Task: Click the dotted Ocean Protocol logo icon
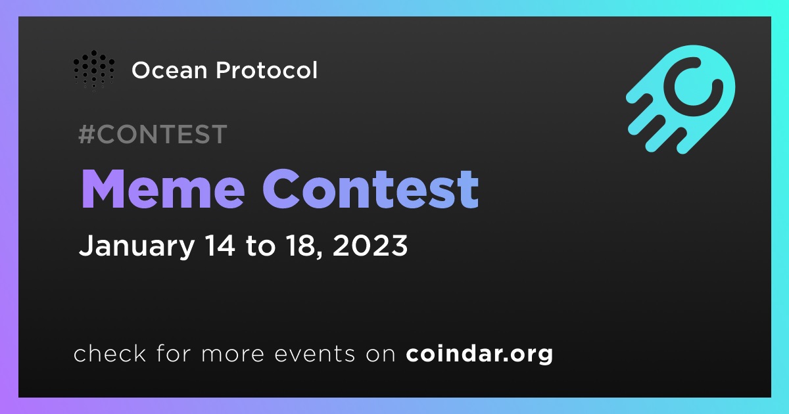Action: pos(94,70)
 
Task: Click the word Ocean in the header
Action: pos(170,70)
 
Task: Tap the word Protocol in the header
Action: pos(267,70)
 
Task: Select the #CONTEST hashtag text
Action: pos(153,134)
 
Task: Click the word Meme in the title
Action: pos(163,189)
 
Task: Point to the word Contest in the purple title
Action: pos(371,189)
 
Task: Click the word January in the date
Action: pos(137,246)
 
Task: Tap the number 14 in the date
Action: pos(220,245)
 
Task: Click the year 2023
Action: pos(370,245)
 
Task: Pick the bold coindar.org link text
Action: pos(479,354)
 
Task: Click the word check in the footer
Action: pos(110,353)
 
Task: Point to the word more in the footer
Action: pos(233,354)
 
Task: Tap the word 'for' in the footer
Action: pos(174,353)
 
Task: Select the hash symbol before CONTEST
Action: pos(87,134)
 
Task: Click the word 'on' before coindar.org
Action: pos(381,354)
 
